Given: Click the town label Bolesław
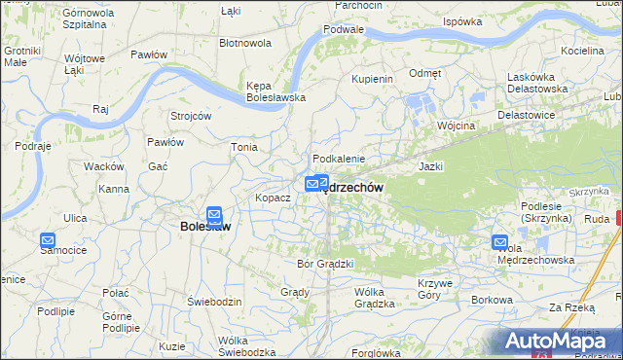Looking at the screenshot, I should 205,228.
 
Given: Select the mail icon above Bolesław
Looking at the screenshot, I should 215,215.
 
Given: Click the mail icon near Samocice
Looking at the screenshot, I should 47,240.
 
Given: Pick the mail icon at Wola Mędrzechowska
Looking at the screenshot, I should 500,243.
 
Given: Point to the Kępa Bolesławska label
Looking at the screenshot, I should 276,90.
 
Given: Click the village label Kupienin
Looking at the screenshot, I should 371,78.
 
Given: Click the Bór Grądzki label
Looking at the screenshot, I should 324,263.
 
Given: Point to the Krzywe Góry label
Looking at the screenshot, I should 436,289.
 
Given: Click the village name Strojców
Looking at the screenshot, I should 191,116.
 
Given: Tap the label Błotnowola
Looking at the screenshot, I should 245,43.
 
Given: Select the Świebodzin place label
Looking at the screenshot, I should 214,303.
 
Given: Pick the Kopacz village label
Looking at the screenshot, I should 273,198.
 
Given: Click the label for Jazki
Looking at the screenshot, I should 431,166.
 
